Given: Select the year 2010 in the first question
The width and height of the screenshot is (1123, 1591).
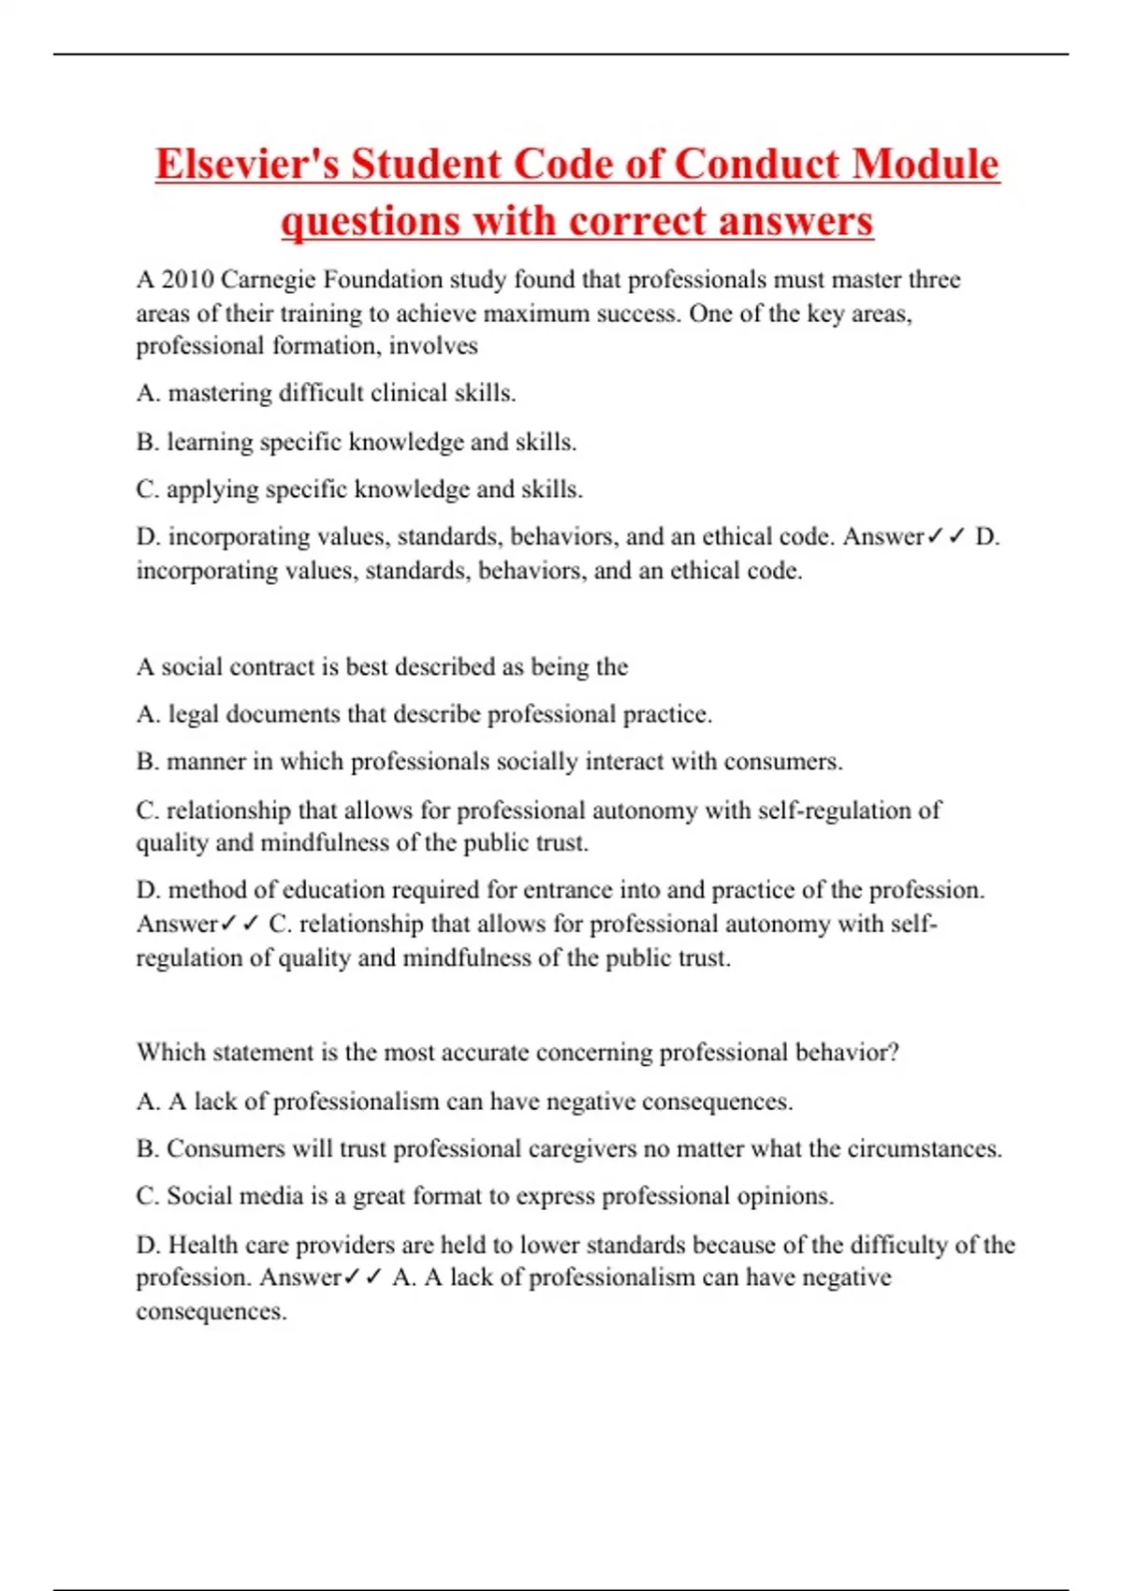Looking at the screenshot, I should pyautogui.click(x=187, y=280).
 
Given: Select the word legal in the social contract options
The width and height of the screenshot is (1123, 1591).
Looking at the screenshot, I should pyautogui.click(x=194, y=715).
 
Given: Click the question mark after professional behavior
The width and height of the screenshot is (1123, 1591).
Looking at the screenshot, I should pyautogui.click(x=894, y=1053).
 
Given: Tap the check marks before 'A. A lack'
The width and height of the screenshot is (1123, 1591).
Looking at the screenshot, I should pyautogui.click(x=363, y=1278).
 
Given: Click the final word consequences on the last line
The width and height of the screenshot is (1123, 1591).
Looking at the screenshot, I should pyautogui.click(x=211, y=1312).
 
